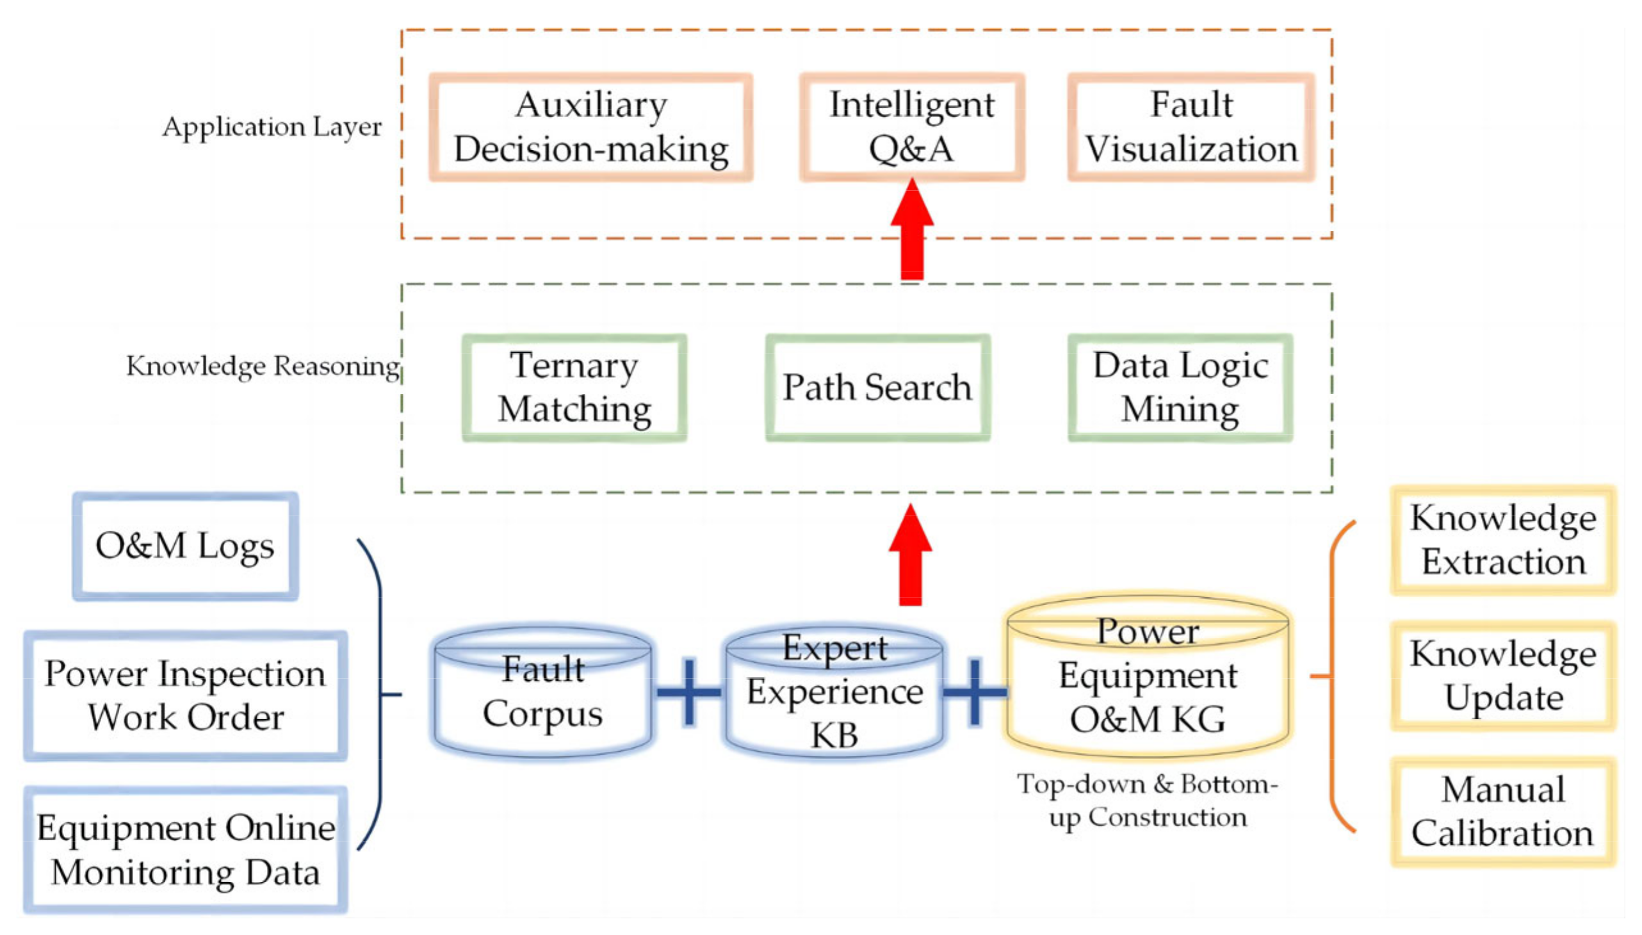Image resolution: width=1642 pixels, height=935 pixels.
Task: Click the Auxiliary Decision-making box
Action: click(x=591, y=127)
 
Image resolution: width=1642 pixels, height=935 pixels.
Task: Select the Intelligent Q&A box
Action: click(x=912, y=127)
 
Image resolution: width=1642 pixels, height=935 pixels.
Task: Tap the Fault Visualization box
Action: click(x=1191, y=127)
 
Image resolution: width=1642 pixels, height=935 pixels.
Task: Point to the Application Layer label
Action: click(x=272, y=127)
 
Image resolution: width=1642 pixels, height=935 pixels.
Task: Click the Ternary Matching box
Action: click(x=574, y=387)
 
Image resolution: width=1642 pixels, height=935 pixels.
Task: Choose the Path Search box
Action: click(x=878, y=387)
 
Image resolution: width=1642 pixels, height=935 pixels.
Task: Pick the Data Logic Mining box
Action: click(x=1180, y=387)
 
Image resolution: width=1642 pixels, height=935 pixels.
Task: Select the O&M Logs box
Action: click(x=185, y=546)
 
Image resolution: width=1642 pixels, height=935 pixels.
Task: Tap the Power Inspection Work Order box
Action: click(x=185, y=695)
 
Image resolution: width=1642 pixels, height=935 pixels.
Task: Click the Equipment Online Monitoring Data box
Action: click(x=185, y=850)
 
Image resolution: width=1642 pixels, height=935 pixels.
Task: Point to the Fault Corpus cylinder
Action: click(x=543, y=692)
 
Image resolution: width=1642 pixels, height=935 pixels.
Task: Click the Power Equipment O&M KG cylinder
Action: click(x=1148, y=676)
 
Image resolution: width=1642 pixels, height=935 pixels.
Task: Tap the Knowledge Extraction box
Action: click(x=1503, y=540)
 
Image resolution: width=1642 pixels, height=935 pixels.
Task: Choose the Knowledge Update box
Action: click(x=1503, y=676)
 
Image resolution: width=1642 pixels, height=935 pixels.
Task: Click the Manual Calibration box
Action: click(x=1503, y=811)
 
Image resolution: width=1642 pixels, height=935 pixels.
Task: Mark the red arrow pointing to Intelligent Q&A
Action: click(x=912, y=231)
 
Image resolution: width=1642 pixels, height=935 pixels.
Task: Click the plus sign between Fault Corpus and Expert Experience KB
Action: click(x=689, y=692)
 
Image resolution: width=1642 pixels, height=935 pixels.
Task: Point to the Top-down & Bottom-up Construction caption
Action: click(x=1148, y=800)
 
